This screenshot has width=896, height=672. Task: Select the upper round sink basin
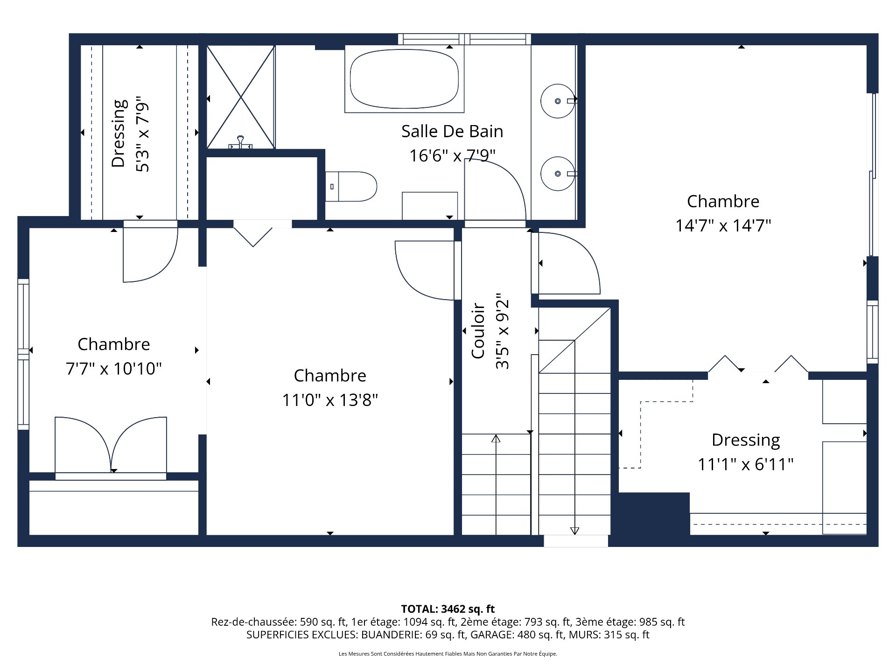558,101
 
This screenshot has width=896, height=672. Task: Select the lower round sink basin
558,174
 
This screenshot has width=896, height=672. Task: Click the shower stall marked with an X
241,97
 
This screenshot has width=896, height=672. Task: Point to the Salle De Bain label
452,132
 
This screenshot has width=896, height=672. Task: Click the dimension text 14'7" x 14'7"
723,226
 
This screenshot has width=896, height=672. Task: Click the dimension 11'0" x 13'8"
330,400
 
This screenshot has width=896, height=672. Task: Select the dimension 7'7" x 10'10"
114,369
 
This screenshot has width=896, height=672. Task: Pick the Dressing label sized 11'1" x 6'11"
745,440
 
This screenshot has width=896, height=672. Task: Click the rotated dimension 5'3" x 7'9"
143,134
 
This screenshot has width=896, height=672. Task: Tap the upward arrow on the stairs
496,439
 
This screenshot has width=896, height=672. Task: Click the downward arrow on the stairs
575,531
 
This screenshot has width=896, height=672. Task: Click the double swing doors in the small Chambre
111,446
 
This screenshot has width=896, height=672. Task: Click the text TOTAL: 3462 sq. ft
448,609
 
